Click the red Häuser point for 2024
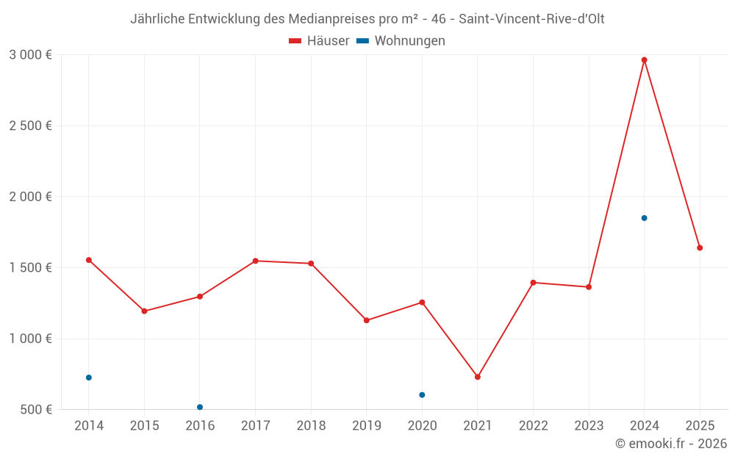coord(644,60)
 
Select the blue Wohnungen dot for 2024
coord(644,218)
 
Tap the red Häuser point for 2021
coord(478,377)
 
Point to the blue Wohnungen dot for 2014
coord(89,377)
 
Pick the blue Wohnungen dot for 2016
coord(200,407)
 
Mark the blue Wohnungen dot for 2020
coord(422,395)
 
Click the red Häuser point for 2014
coord(89,260)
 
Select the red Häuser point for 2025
coord(700,248)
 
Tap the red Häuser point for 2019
coord(367,320)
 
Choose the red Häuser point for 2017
coord(255,261)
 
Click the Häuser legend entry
coord(319,41)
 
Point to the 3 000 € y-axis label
coord(30,55)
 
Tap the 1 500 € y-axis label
coord(30,268)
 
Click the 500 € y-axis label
coord(35,410)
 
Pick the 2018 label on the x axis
coord(311,426)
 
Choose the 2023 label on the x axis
coord(589,426)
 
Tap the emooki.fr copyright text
coord(671,444)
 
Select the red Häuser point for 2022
coord(533,283)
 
